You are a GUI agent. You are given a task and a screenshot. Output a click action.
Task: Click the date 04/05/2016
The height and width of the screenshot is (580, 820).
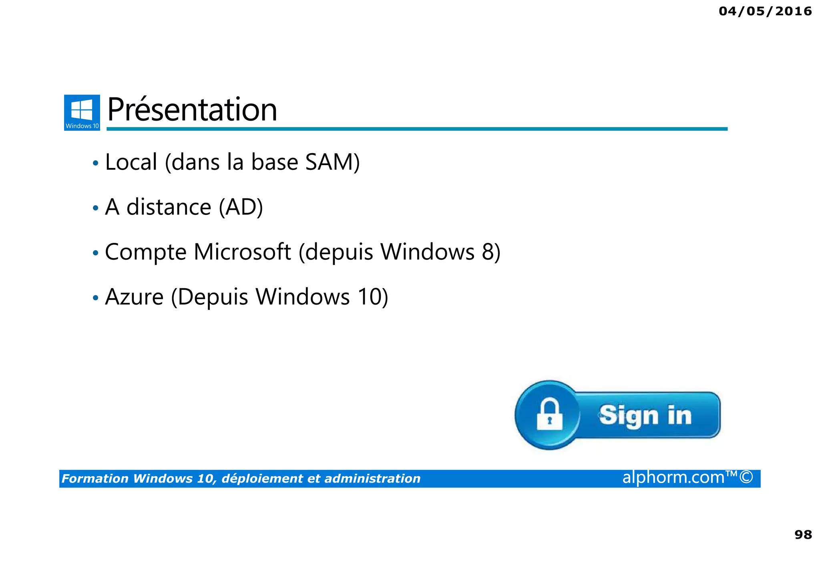click(x=765, y=11)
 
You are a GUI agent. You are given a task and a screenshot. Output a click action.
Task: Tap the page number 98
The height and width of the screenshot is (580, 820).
click(x=803, y=534)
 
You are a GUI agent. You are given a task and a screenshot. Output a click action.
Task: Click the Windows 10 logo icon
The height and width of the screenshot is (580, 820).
click(x=82, y=112)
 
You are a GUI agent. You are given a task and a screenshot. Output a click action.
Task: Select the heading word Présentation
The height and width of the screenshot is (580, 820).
click(x=192, y=110)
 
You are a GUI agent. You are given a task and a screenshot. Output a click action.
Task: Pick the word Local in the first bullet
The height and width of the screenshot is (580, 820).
click(x=131, y=162)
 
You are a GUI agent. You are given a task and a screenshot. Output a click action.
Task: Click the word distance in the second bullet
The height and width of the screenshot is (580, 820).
click(x=169, y=207)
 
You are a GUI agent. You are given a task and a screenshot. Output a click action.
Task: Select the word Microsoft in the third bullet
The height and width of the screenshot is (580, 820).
click(x=242, y=252)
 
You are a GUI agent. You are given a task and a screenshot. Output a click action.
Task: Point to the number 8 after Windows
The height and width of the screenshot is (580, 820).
click(x=487, y=252)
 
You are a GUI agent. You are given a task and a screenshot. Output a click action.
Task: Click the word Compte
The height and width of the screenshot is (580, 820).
click(x=146, y=253)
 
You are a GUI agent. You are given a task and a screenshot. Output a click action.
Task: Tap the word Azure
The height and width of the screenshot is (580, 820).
click(x=134, y=297)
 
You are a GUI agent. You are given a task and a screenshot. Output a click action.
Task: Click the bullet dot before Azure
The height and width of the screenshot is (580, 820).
click(x=95, y=298)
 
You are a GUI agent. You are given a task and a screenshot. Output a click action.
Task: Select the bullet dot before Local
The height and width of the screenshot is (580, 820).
click(x=95, y=163)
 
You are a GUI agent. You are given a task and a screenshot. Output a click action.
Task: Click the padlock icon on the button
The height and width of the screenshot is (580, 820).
click(x=549, y=415)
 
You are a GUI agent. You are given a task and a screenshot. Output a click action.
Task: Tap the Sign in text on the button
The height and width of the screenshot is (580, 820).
click(x=645, y=415)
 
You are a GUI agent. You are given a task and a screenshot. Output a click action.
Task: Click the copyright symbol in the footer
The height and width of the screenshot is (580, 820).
click(x=746, y=477)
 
